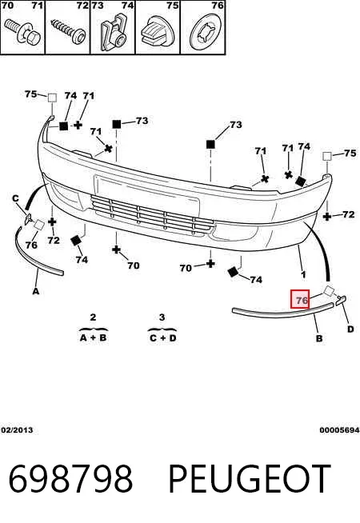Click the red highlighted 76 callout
[300, 299]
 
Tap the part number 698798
[70, 479]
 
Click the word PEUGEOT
[250, 479]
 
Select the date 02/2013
[17, 430]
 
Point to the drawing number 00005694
[339, 430]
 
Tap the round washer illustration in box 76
[206, 33]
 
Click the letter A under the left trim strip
[36, 291]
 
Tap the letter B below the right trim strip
[319, 338]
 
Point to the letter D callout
[350, 329]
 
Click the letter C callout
[15, 199]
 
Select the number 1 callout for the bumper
[303, 275]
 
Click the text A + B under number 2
[93, 337]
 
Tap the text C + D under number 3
[162, 338]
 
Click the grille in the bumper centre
[153, 216]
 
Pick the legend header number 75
[172, 6]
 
